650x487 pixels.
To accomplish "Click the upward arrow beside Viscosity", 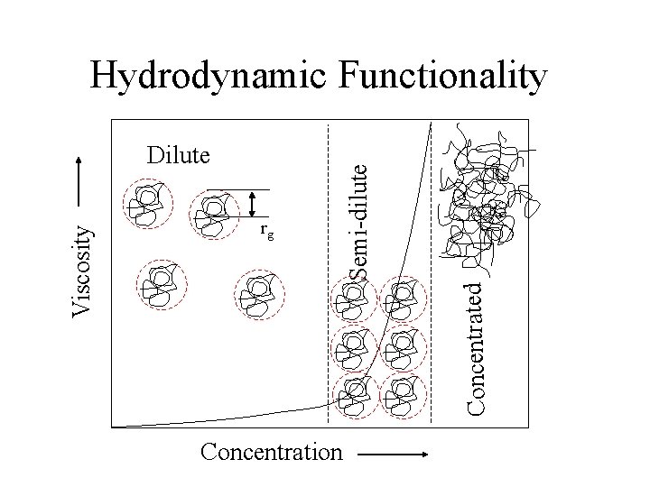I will click(x=83, y=188).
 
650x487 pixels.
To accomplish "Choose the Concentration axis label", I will click(x=273, y=451).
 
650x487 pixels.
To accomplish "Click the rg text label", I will click(x=266, y=231).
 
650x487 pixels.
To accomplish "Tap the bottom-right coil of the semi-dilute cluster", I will click(x=400, y=391).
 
